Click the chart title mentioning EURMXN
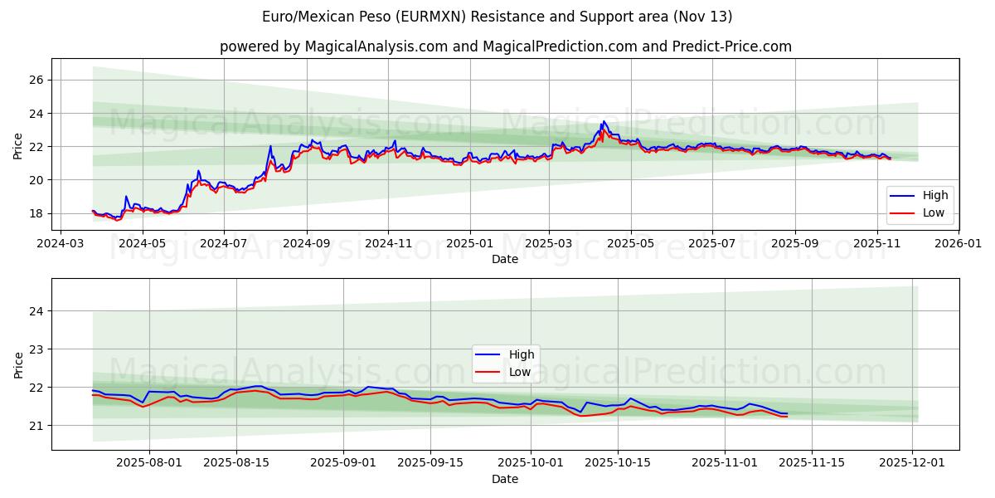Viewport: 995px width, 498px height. (497, 17)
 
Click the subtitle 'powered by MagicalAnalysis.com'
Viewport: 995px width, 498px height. (505, 46)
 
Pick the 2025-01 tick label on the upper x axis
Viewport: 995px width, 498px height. (469, 244)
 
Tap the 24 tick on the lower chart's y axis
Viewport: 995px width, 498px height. (38, 311)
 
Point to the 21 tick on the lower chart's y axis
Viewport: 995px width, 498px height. (38, 426)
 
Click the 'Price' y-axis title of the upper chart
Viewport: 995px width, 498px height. (18, 145)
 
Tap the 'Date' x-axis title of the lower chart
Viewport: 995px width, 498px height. (505, 480)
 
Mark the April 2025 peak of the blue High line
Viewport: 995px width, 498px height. (603, 121)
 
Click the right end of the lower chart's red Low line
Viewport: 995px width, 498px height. (787, 416)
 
